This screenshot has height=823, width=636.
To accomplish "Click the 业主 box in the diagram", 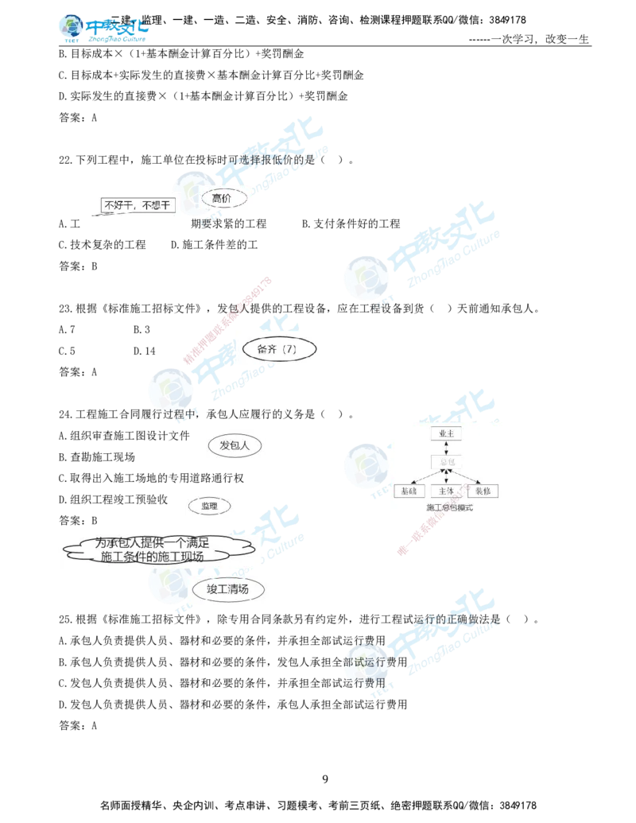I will click(x=445, y=434).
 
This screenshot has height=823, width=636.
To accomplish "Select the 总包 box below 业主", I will click(x=445, y=461).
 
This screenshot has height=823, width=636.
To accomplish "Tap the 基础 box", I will click(x=409, y=491).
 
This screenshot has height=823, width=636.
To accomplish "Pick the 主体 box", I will click(x=445, y=491).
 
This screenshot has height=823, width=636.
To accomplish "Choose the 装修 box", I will click(x=483, y=491).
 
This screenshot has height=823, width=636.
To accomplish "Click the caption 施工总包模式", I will click(x=449, y=507).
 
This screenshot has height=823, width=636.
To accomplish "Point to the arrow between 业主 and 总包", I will click(x=445, y=448).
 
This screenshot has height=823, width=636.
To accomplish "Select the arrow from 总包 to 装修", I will click(x=465, y=476).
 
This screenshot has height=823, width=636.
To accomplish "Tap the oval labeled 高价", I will click(x=222, y=198).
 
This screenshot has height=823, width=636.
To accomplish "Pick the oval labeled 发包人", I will click(x=235, y=446).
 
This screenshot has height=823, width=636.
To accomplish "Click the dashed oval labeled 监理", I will click(x=209, y=506).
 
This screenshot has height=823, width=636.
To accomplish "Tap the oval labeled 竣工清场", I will click(x=228, y=589).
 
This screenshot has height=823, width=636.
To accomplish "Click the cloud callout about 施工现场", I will click(x=152, y=549).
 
